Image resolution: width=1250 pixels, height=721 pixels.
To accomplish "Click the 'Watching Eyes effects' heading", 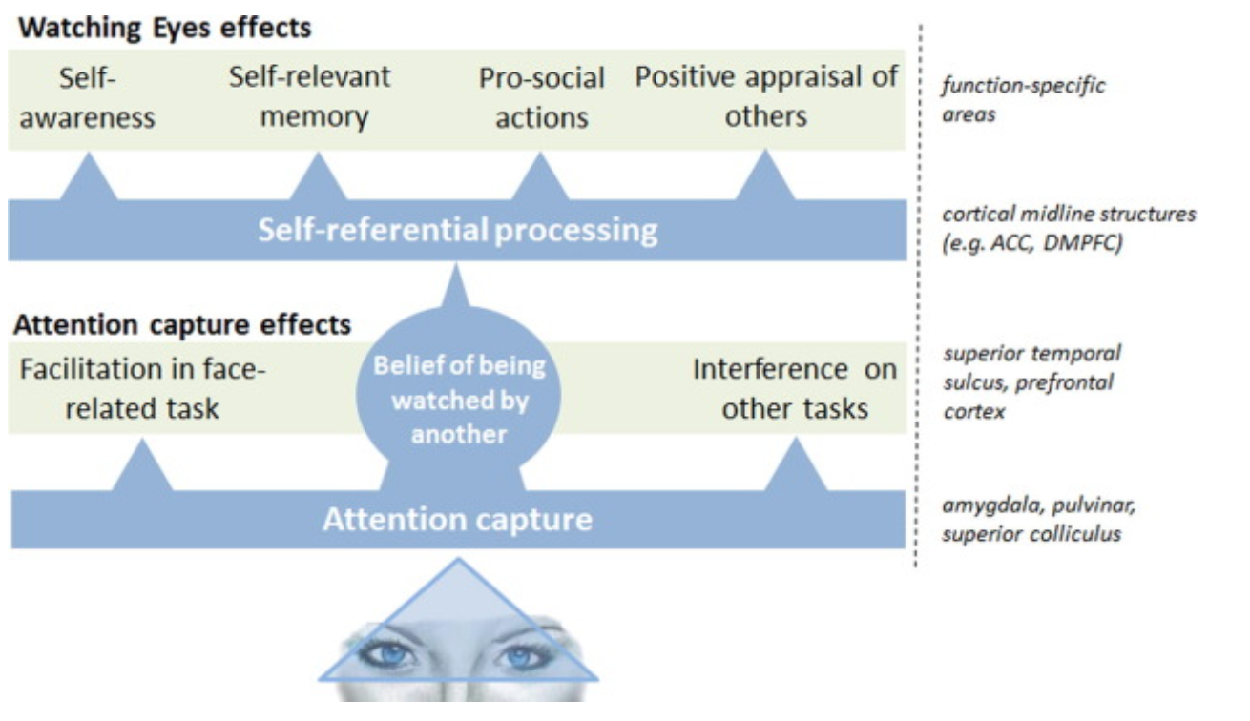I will coord(165,27).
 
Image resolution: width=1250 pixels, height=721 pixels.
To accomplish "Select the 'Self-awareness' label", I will coord(89,97).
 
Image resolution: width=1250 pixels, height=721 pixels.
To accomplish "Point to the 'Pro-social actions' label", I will coord(541,97).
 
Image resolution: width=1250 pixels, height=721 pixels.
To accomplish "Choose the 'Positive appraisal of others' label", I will coord(766,96).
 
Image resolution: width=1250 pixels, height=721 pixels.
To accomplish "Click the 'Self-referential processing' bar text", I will coord(458,231).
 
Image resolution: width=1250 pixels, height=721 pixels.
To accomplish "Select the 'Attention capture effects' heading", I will coord(182,324).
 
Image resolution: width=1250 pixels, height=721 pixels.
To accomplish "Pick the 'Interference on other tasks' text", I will coord(794,388).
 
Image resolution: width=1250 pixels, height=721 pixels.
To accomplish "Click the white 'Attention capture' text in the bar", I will coord(457,520).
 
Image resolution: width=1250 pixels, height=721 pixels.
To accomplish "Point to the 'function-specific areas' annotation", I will coord(1023,100).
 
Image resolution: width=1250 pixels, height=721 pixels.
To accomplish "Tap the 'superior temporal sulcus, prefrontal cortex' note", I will coord(1031,382).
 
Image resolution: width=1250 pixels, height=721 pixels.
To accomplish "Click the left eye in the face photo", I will coord(392,655).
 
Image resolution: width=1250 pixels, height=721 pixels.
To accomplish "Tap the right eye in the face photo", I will coord(521,656).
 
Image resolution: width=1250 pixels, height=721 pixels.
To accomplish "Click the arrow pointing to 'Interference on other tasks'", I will coord(794,467).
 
